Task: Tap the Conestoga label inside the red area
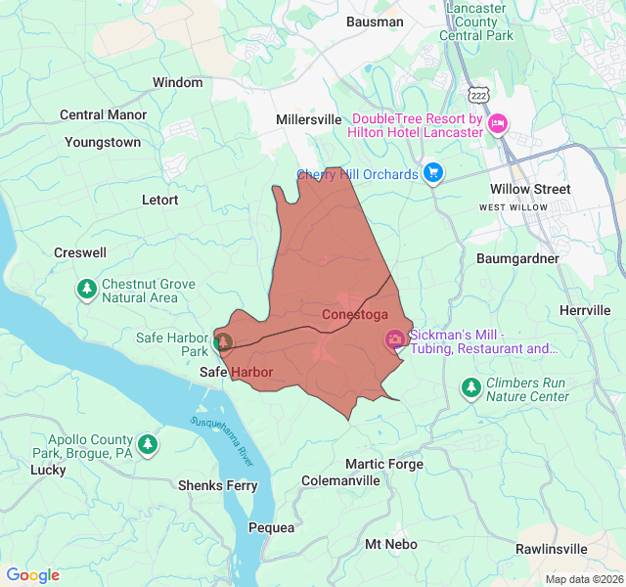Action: [x=355, y=315]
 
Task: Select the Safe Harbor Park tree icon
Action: [x=224, y=341]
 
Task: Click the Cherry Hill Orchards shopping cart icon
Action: [x=433, y=174]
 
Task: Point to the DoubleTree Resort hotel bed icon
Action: [x=498, y=122]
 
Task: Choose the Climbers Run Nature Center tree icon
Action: [x=471, y=388]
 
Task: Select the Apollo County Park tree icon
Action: [x=148, y=445]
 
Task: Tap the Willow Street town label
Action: [x=530, y=189]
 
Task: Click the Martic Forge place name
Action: [x=384, y=464]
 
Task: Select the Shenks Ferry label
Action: [x=217, y=485]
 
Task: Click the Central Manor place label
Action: [x=103, y=114]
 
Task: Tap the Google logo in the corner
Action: [x=32, y=575]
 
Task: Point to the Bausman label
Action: [x=375, y=22]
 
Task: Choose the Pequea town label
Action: [x=271, y=527]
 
